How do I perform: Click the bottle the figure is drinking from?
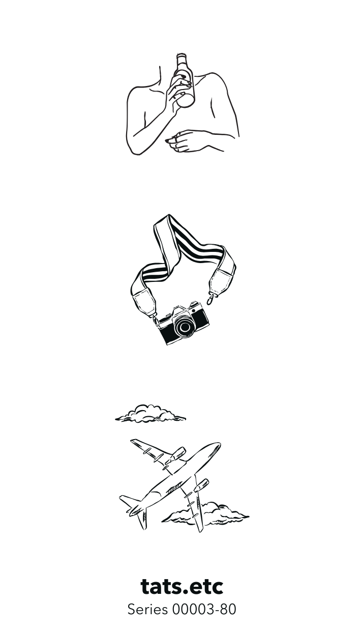pos(185,80)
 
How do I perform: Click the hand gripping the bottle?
pos(177,90)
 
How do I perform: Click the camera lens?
pos(185,327)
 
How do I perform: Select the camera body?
pos(184,323)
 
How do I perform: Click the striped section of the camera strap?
pos(195,248)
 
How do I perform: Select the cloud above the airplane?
pos(151,414)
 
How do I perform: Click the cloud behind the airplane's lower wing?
pos(206,514)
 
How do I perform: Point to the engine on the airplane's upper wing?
pos(175,455)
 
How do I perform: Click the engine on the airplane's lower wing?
pos(201,486)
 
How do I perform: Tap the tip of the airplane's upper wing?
pos(133,441)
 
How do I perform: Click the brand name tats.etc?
pos(182,587)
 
